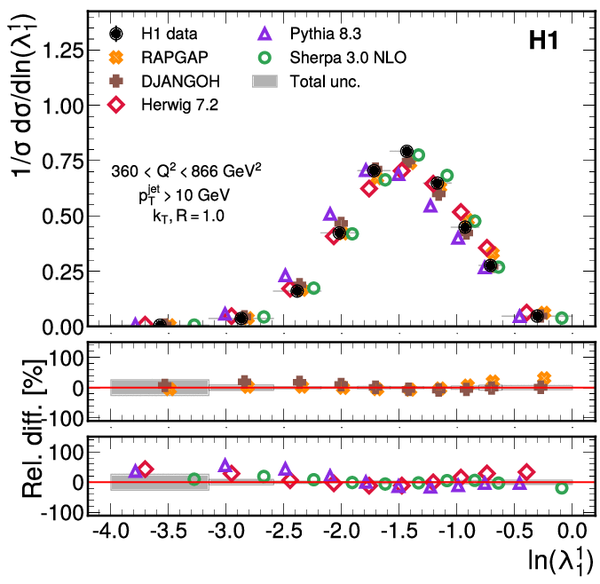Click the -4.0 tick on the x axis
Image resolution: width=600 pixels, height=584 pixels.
point(110,533)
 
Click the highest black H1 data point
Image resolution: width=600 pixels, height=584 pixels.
point(407,152)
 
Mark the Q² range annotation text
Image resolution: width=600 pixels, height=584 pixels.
point(186,169)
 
